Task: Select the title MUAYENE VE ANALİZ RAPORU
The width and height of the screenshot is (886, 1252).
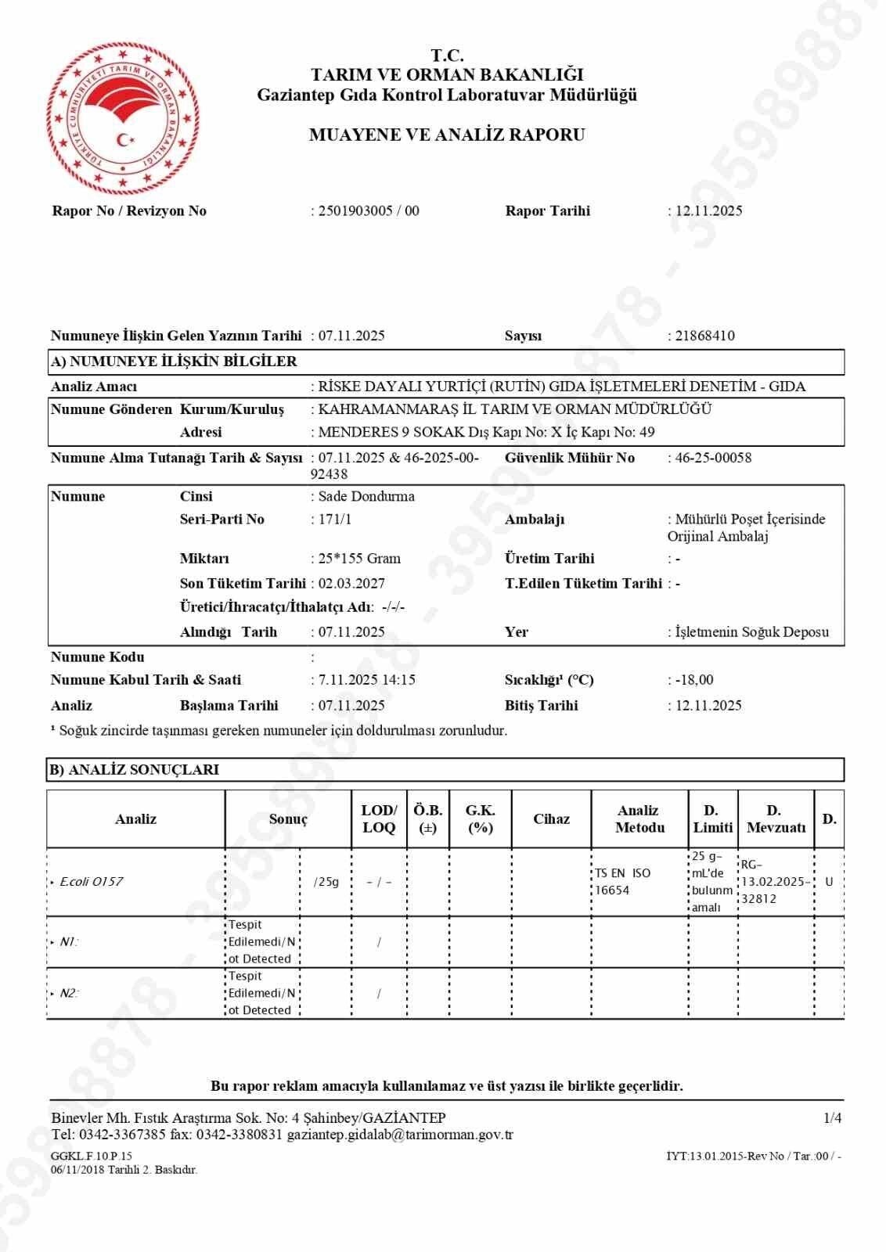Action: point(447,135)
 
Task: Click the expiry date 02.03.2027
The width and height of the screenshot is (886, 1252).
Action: point(351,583)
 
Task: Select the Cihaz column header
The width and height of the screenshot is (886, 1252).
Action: point(551,819)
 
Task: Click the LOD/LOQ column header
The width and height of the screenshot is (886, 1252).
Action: point(379,819)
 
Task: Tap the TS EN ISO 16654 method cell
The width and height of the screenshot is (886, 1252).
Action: point(622,882)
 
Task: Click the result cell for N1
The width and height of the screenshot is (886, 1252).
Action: point(261,942)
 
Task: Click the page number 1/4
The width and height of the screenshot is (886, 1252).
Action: point(833,1118)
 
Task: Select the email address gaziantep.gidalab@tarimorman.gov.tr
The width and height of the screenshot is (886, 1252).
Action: point(400,1134)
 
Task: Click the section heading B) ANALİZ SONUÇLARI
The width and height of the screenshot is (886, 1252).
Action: point(134,770)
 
